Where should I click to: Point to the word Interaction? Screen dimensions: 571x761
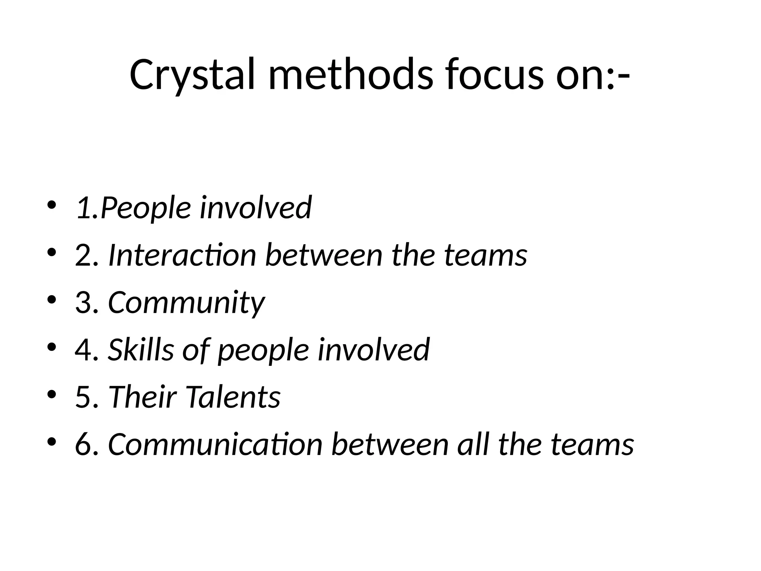click(x=182, y=255)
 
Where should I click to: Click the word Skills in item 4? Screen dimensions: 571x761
click(x=141, y=349)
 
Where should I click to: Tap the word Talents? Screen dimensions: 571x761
click(x=233, y=397)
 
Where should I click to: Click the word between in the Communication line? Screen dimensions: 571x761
click(x=390, y=445)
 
